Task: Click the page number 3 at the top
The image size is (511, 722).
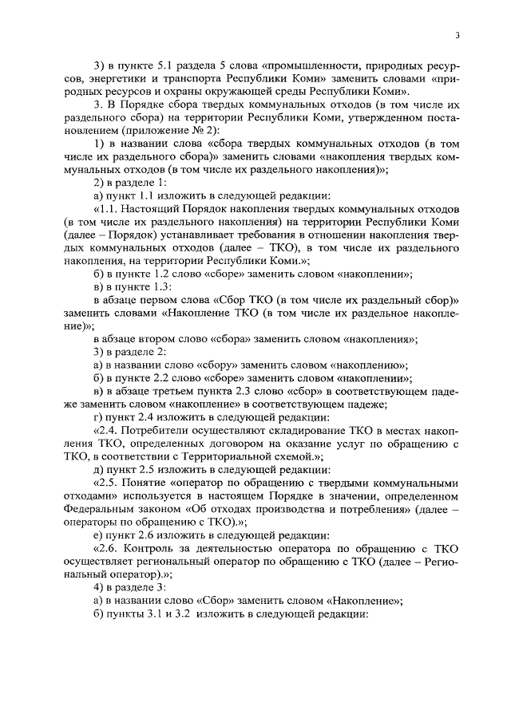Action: [x=458, y=35]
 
